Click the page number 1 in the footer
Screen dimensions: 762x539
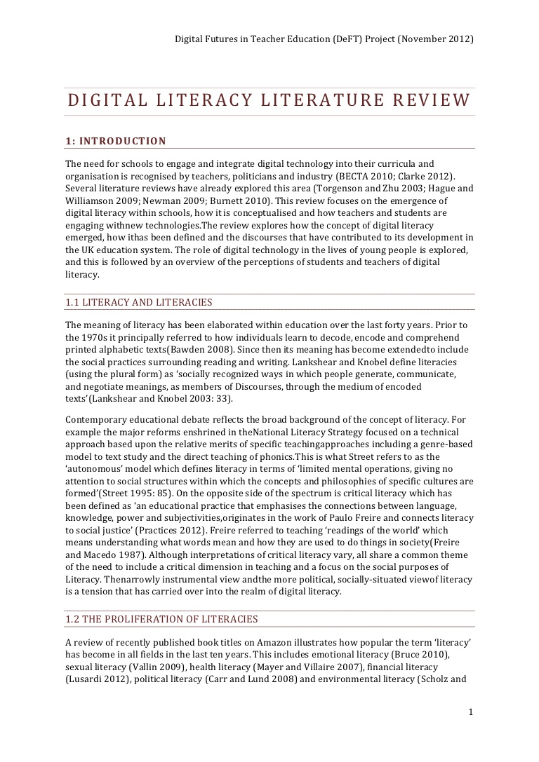tap(471, 712)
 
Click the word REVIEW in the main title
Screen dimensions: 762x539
tap(431, 100)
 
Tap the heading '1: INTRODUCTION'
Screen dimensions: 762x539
tap(116, 141)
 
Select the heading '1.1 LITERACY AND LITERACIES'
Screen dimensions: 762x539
tap(139, 302)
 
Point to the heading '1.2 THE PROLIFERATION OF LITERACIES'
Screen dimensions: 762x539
tap(161, 619)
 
